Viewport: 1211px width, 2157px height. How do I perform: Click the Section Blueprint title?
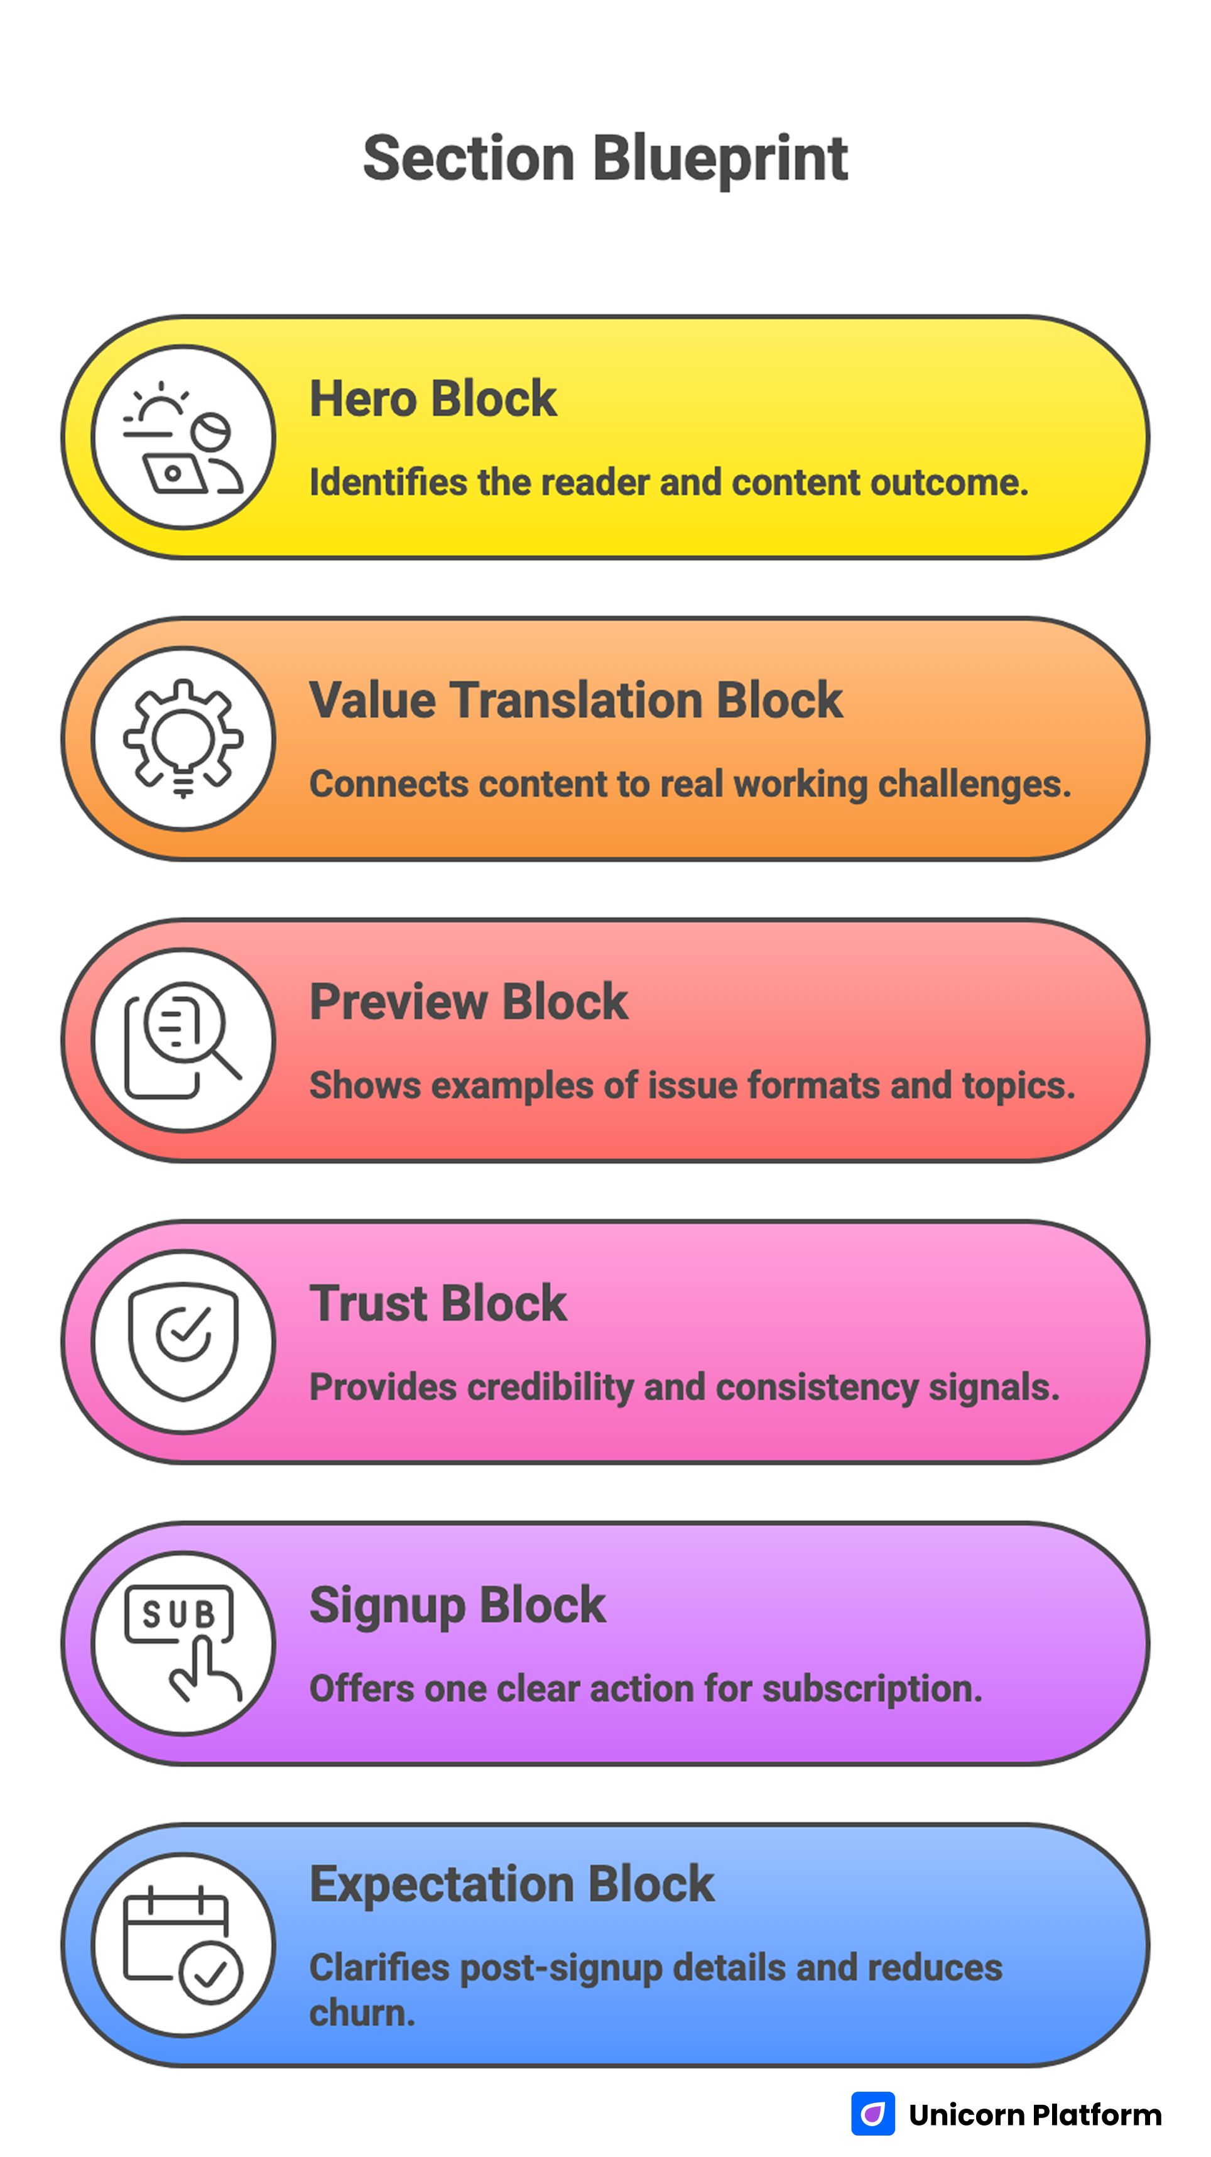click(605, 158)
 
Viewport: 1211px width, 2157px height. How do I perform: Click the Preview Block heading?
click(469, 1002)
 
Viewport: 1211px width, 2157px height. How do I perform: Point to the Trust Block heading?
click(438, 1303)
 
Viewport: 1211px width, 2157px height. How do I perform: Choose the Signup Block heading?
click(457, 1605)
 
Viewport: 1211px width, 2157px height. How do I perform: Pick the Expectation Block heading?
click(511, 1884)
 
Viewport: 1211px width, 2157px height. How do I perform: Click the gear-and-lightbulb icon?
click(183, 738)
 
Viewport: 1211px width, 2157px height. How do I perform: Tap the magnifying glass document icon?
click(183, 1040)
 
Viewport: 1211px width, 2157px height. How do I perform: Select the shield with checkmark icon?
click(183, 1341)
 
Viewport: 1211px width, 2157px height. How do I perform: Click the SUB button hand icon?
click(183, 1643)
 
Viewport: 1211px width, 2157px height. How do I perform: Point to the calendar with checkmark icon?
click(183, 1944)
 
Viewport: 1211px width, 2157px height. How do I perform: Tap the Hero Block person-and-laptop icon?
click(183, 437)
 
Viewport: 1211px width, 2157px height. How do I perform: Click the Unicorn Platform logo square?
click(872, 2114)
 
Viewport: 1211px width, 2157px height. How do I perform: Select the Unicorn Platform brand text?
click(1035, 2115)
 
